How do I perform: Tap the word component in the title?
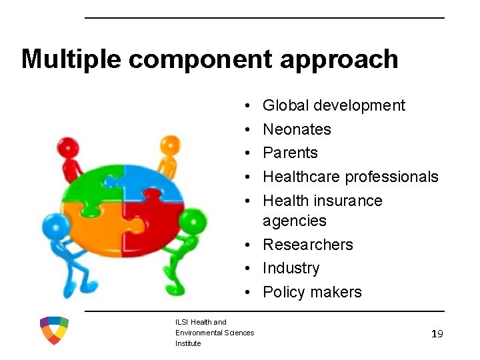(200, 59)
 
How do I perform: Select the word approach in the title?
(339, 59)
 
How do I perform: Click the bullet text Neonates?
(297, 129)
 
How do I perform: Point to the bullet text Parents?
(290, 153)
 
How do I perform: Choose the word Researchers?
(307, 245)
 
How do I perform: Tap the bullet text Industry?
(291, 268)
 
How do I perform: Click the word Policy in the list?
(281, 292)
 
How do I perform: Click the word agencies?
(294, 221)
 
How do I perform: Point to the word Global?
(285, 105)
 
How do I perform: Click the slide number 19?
(437, 334)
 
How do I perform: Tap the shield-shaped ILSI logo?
(54, 331)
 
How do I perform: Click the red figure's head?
(67, 146)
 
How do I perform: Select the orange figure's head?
(171, 144)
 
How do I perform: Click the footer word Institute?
(188, 344)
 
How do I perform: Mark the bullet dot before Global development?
(247, 106)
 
